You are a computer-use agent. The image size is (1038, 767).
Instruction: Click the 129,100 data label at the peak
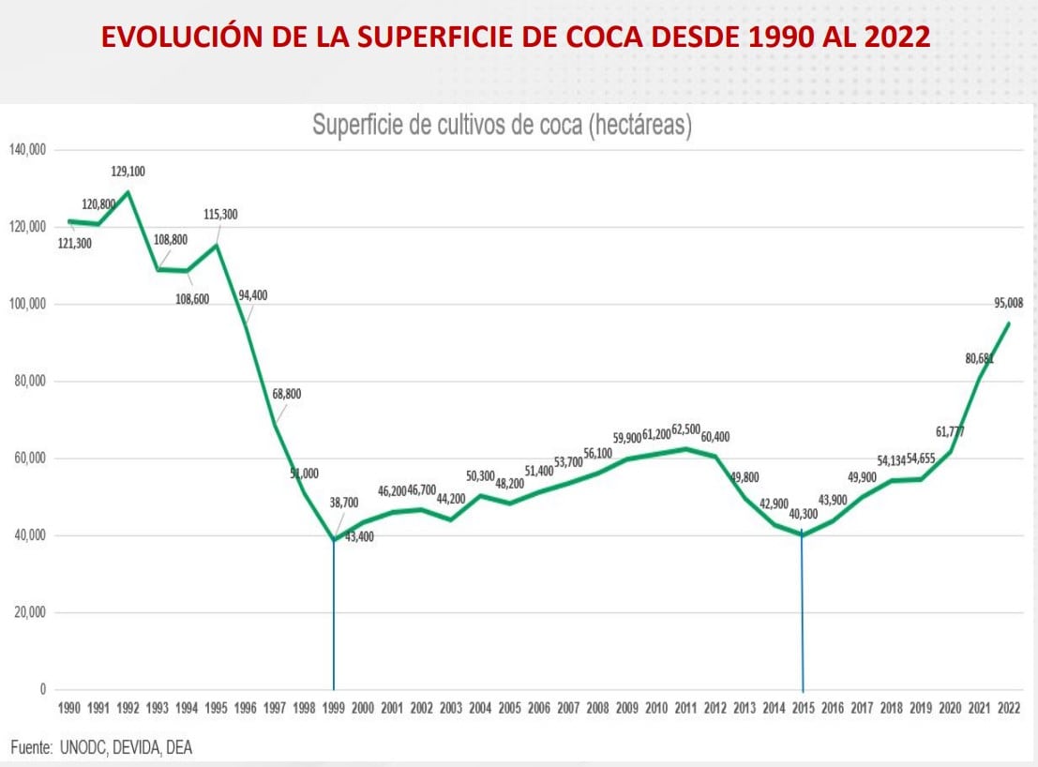129,172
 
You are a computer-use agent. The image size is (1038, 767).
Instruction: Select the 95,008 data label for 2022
1009,303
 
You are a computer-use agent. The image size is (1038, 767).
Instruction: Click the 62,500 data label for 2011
685,429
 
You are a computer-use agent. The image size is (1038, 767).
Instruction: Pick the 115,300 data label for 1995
220,215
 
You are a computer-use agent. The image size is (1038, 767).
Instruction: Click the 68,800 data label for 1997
287,395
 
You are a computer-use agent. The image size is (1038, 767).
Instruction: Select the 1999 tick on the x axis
334,709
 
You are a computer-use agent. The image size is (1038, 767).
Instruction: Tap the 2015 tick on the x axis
803,709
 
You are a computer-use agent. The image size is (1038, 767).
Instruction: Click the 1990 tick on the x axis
69,709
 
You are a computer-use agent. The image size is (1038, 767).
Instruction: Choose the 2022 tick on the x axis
1009,709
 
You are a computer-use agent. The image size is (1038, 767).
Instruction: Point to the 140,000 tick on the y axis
28,150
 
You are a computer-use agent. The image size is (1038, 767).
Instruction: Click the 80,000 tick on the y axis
31,382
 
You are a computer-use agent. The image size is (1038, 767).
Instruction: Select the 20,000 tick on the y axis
31,613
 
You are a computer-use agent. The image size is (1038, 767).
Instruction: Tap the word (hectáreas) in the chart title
640,126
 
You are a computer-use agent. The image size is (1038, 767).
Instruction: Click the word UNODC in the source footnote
92,746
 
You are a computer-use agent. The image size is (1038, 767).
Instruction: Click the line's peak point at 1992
128,192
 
